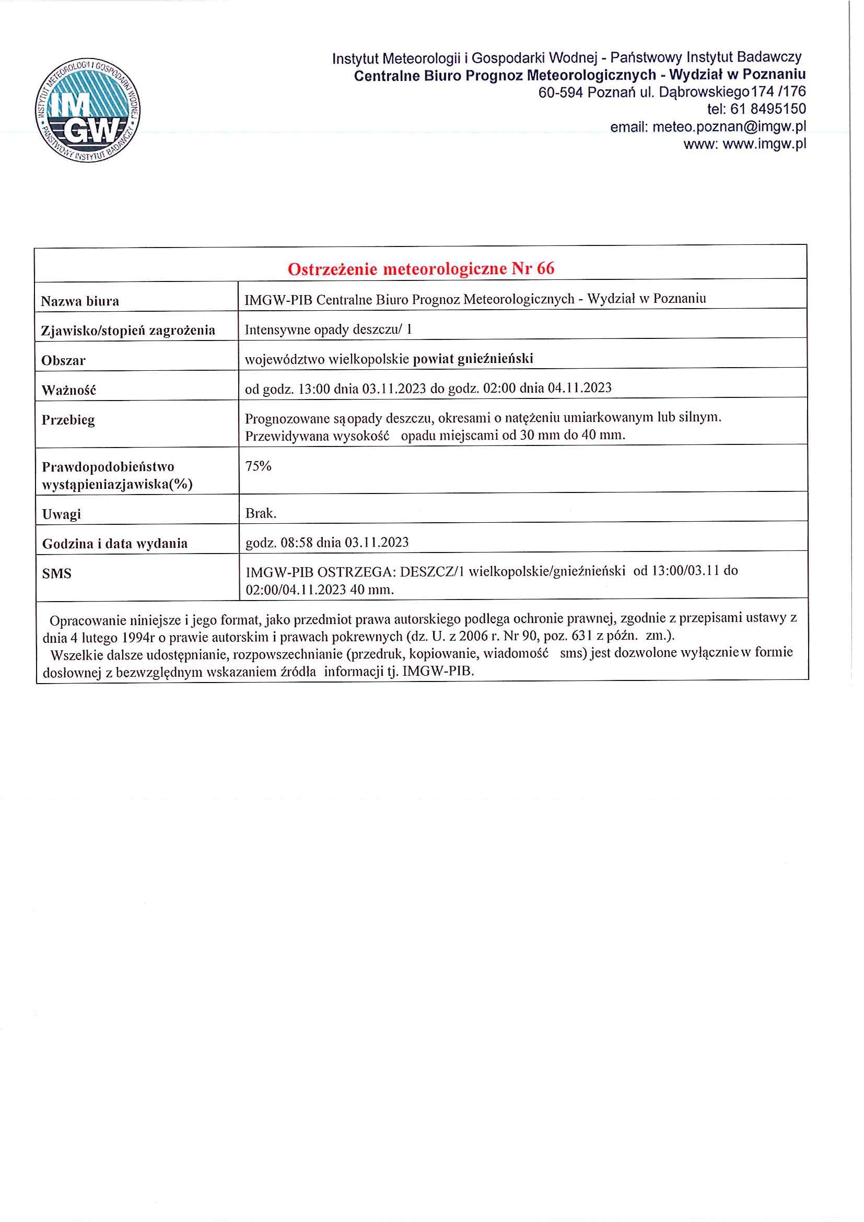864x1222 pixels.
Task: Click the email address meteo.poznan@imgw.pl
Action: pyautogui.click(x=728, y=127)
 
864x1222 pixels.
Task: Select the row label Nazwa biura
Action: pyautogui.click(x=80, y=301)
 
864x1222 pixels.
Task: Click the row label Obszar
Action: pyautogui.click(x=63, y=360)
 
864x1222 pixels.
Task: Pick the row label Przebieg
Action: pyautogui.click(x=68, y=420)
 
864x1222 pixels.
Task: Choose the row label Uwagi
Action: pyautogui.click(x=62, y=514)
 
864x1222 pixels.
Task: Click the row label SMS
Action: pyautogui.click(x=56, y=573)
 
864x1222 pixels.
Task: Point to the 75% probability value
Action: pyautogui.click(x=258, y=466)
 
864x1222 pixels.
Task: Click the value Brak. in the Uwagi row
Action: pyautogui.click(x=260, y=513)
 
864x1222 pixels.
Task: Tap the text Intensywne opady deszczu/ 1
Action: pyautogui.click(x=328, y=330)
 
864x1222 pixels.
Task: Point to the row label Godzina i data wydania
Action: pyautogui.click(x=115, y=544)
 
